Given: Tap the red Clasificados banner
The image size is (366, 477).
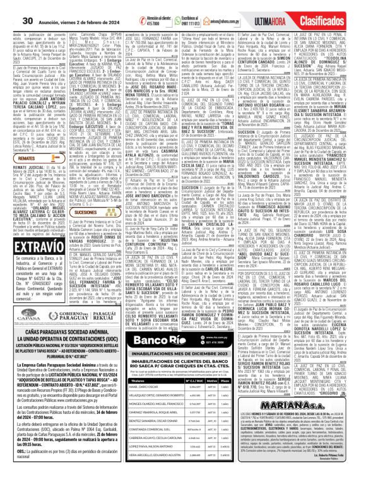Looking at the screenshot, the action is pyautogui.click(x=334, y=9).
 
